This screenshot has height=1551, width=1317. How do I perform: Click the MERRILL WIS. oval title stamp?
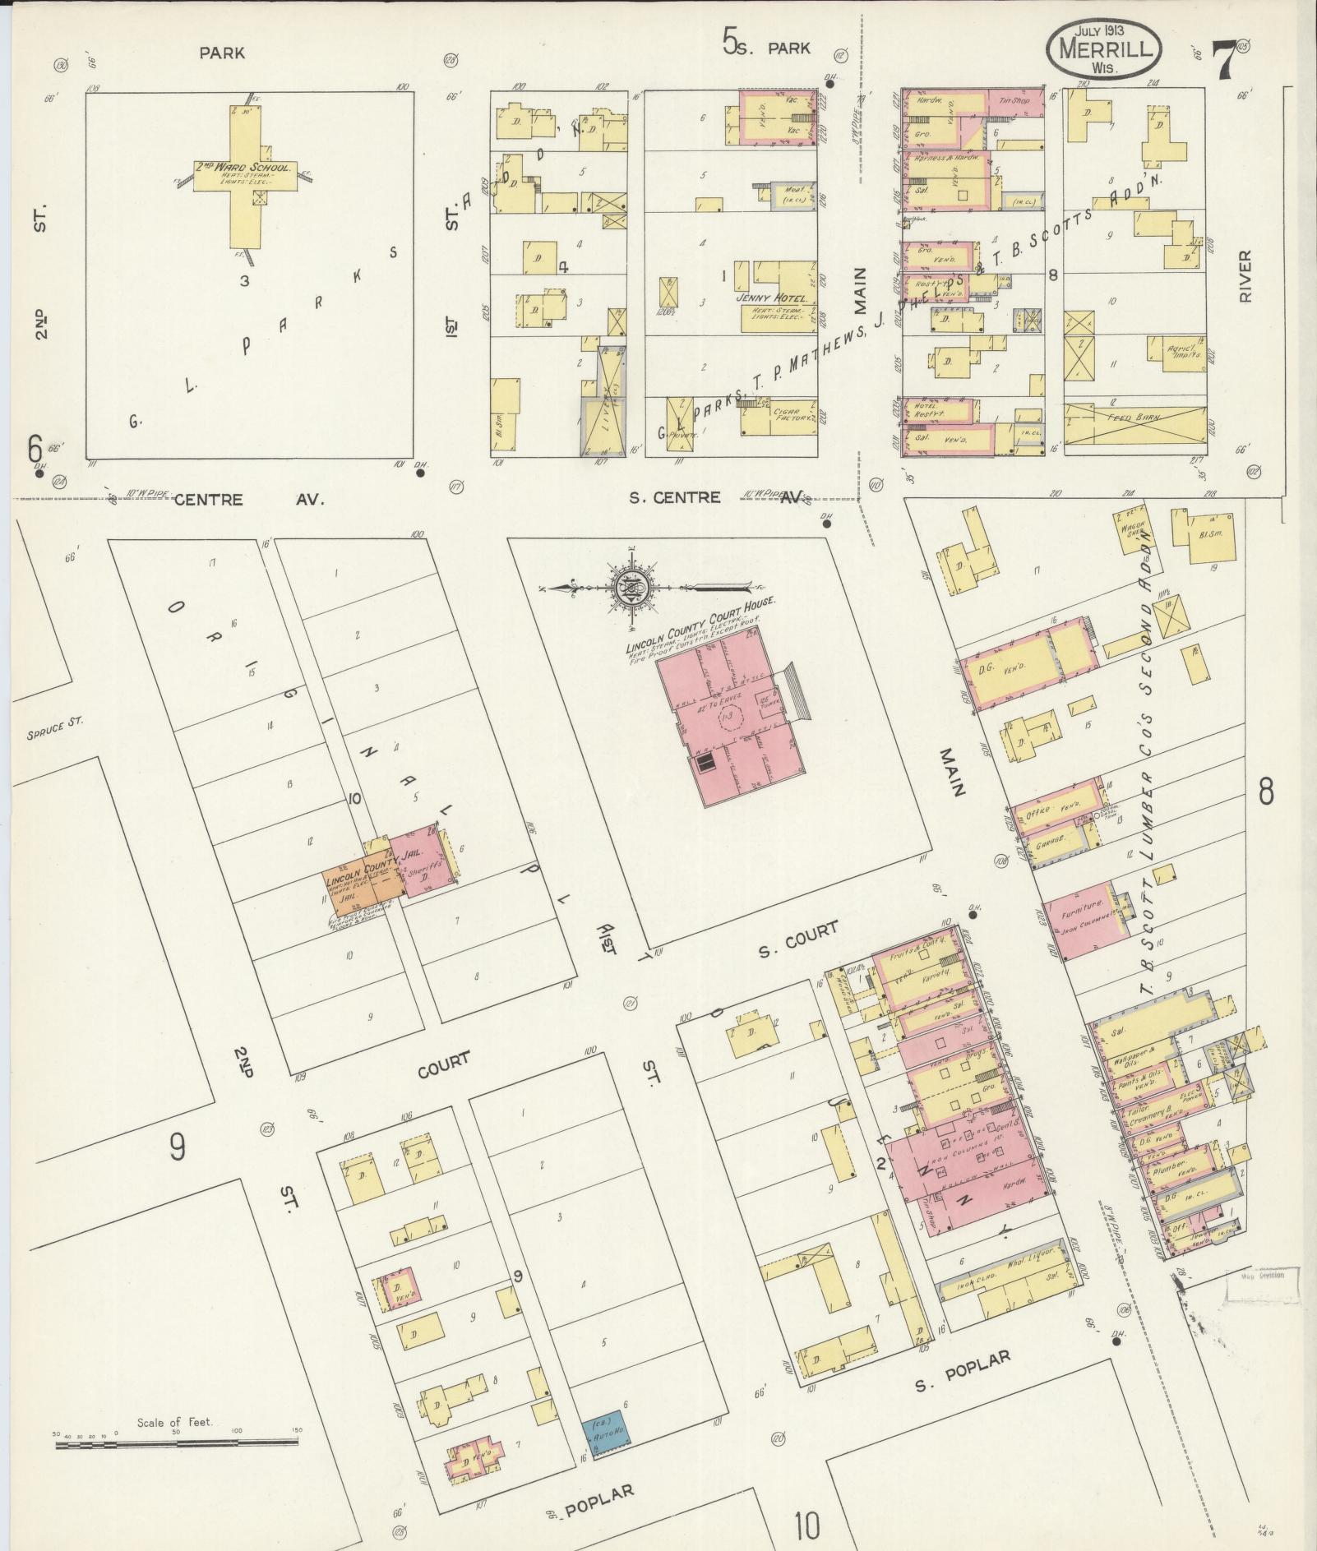pos(1104,49)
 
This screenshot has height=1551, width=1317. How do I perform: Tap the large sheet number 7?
pos(1223,58)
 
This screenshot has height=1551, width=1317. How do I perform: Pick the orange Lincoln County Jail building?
pos(363,886)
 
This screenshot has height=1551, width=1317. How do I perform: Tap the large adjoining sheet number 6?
pos(35,450)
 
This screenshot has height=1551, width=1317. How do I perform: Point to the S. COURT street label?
pos(798,939)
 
